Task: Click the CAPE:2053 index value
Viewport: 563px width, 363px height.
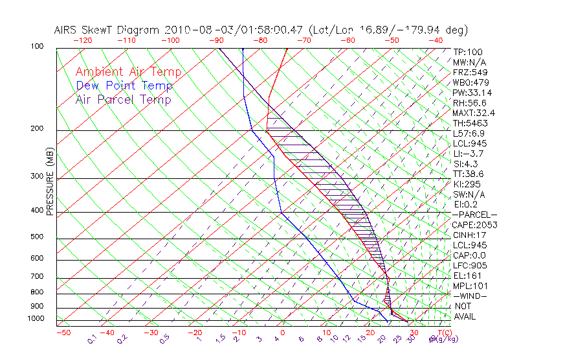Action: point(474,225)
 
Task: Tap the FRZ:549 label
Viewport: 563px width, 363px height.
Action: point(470,72)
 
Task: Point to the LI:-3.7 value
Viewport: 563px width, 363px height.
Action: point(469,154)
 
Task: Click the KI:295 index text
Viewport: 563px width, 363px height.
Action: point(468,184)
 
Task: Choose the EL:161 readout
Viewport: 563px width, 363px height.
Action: point(466,275)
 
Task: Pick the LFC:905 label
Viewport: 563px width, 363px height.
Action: point(469,266)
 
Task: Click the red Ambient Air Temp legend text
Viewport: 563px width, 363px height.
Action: point(128,72)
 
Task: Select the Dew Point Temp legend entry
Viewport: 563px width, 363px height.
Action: point(124,86)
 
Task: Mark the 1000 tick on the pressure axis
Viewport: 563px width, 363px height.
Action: point(36,319)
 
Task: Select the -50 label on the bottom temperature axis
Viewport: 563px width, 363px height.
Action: point(63,333)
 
